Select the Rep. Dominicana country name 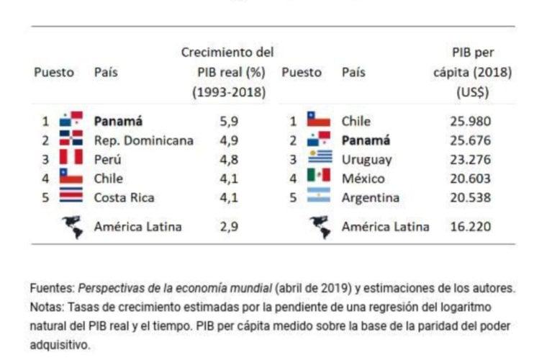143,140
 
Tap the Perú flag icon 71,159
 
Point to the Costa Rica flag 71,197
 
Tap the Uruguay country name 366,160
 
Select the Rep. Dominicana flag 71,140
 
